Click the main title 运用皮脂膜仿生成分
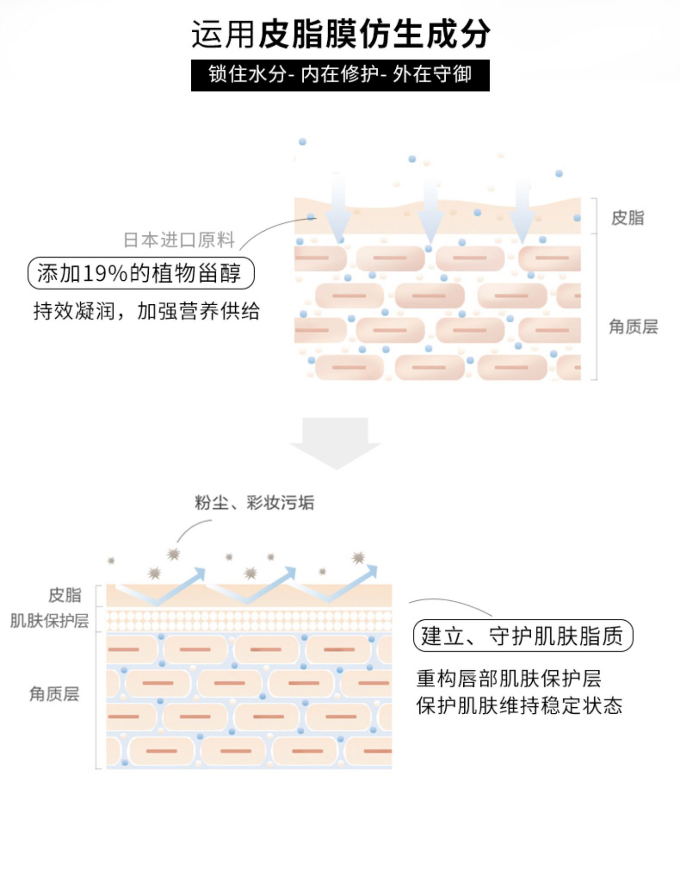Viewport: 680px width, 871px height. tap(340, 34)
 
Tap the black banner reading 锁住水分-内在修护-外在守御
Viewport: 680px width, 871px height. tap(340, 75)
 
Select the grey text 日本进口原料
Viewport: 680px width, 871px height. tap(179, 240)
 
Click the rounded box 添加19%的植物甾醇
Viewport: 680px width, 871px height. tap(141, 273)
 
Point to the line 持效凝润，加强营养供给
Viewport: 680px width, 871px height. tap(146, 311)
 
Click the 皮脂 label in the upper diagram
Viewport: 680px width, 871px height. tap(627, 218)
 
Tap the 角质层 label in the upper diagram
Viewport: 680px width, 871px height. tap(633, 326)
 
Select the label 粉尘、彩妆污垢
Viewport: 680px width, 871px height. tap(254, 502)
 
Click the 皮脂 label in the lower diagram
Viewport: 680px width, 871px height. tap(65, 595)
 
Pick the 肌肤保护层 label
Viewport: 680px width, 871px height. tap(49, 621)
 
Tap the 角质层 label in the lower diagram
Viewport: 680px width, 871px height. tap(54, 694)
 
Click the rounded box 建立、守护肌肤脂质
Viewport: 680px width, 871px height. tap(523, 635)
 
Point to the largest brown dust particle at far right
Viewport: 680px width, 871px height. tap(359, 557)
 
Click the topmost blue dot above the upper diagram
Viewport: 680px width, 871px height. tap(302, 142)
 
